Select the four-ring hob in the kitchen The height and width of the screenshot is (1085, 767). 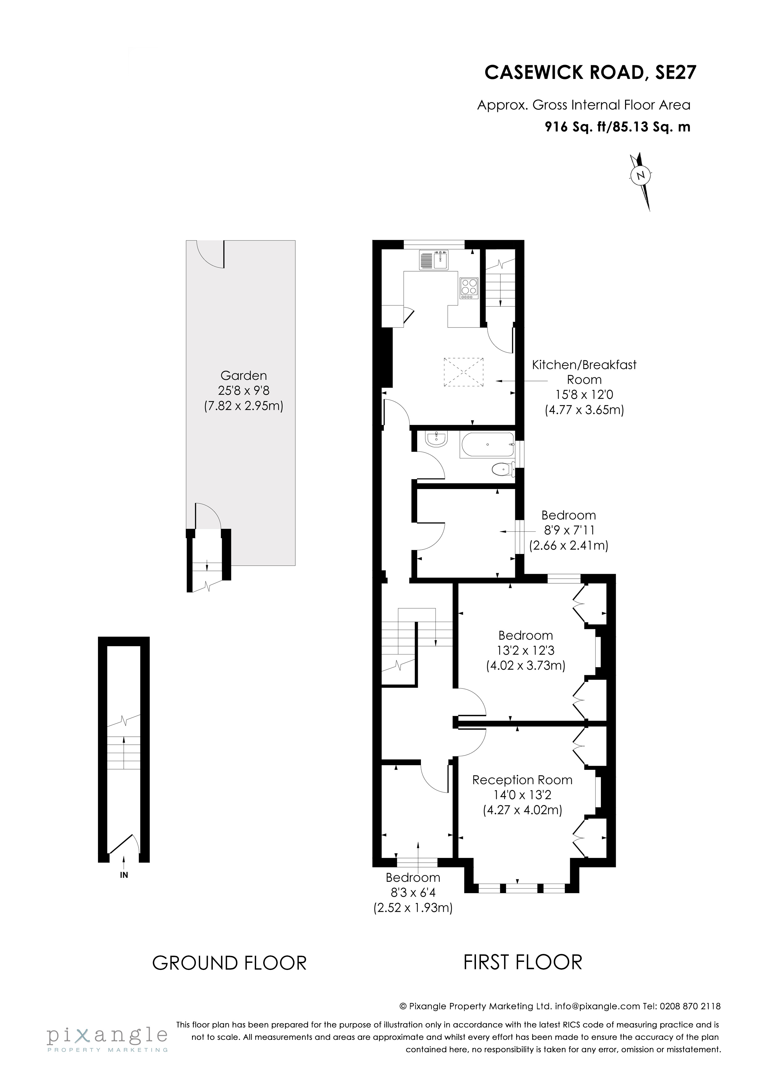tap(469, 288)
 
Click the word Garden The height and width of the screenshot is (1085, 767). tap(243, 376)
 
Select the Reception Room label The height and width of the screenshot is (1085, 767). tap(522, 780)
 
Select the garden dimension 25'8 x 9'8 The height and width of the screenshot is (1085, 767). tap(243, 391)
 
